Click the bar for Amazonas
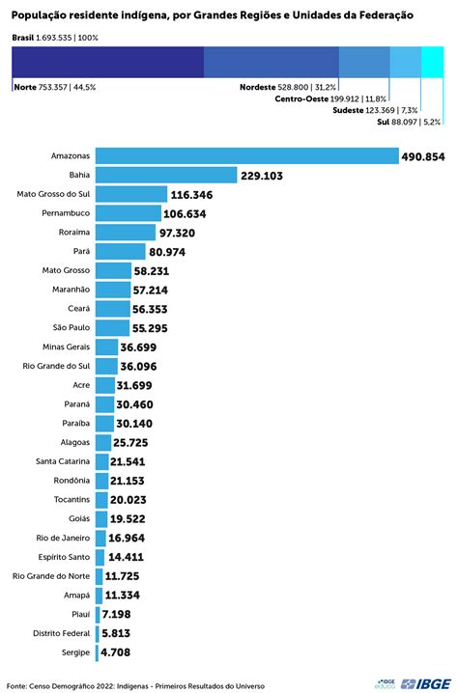click(246, 156)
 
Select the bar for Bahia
click(165, 175)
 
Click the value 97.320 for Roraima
click(184, 233)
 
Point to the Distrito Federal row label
click(60, 632)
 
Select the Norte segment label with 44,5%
click(55, 87)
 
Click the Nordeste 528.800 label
click(288, 87)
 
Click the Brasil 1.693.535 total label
click(56, 36)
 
